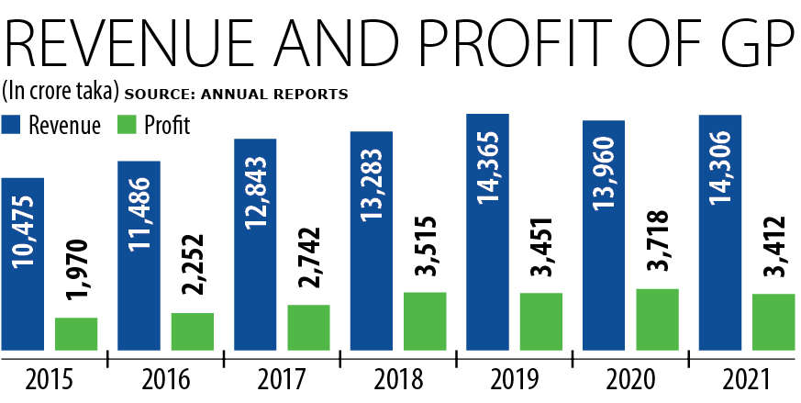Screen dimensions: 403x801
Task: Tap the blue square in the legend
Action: [x=12, y=125]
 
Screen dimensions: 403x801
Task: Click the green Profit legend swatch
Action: [x=128, y=125]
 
